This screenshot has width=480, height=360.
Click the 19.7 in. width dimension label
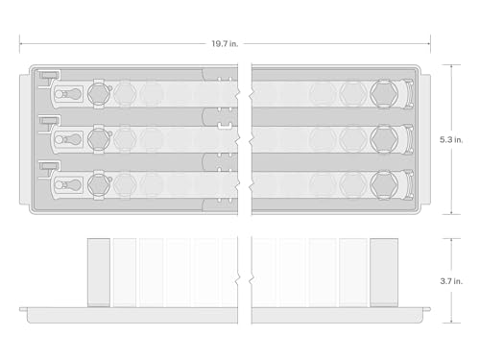pyautogui.click(x=225, y=44)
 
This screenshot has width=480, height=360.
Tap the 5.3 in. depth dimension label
pyautogui.click(x=451, y=140)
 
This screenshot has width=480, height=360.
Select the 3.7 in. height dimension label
pyautogui.click(x=451, y=281)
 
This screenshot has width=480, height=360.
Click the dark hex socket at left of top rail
pyautogui.click(x=99, y=94)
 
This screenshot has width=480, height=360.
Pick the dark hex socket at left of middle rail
pyautogui.click(x=99, y=139)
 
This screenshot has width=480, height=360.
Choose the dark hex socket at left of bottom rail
pyautogui.click(x=99, y=184)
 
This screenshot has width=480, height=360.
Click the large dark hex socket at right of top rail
pyautogui.click(x=384, y=94)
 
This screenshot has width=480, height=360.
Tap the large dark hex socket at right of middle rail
pyautogui.click(x=384, y=139)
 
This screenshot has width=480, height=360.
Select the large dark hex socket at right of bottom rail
pyautogui.click(x=384, y=184)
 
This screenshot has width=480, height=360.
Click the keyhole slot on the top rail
pyautogui.click(x=67, y=94)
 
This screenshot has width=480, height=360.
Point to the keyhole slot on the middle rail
pyautogui.click(x=67, y=139)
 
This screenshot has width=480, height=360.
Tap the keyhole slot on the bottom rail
pyautogui.click(x=67, y=185)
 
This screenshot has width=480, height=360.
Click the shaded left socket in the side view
pyautogui.click(x=99, y=273)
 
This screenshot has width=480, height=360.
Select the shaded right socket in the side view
pyautogui.click(x=384, y=273)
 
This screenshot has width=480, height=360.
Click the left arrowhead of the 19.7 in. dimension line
pyautogui.click(x=20, y=44)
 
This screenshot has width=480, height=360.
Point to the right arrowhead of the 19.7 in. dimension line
pyautogui.click(x=429, y=44)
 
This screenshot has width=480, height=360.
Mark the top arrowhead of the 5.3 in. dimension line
pyautogui.click(x=451, y=66)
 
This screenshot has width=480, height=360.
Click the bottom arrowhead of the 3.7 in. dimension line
pyautogui.click(x=451, y=322)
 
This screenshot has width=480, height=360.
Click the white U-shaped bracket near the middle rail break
pyautogui.click(x=225, y=126)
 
